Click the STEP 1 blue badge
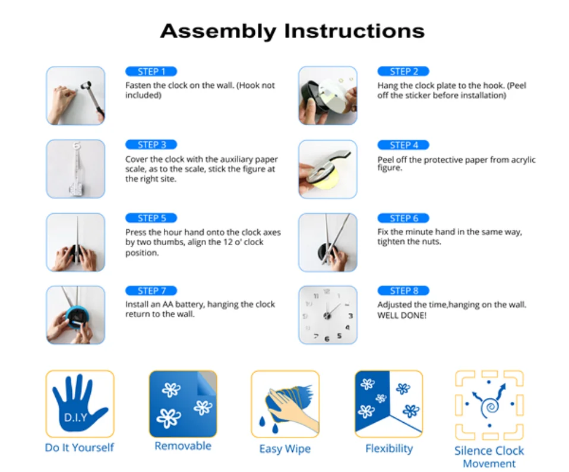point(151,71)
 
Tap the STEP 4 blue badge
point(403,145)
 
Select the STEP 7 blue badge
point(151,291)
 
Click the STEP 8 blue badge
point(403,291)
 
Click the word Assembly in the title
point(218,31)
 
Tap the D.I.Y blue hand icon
point(79,403)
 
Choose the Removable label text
point(183,446)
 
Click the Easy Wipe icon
point(285,404)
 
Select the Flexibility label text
point(389,449)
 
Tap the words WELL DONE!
point(402,315)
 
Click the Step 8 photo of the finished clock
point(328,315)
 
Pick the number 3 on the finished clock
point(350,316)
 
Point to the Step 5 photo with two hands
point(75,242)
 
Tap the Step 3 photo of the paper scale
point(75,169)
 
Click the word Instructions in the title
point(354,31)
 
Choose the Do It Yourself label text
point(79,448)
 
